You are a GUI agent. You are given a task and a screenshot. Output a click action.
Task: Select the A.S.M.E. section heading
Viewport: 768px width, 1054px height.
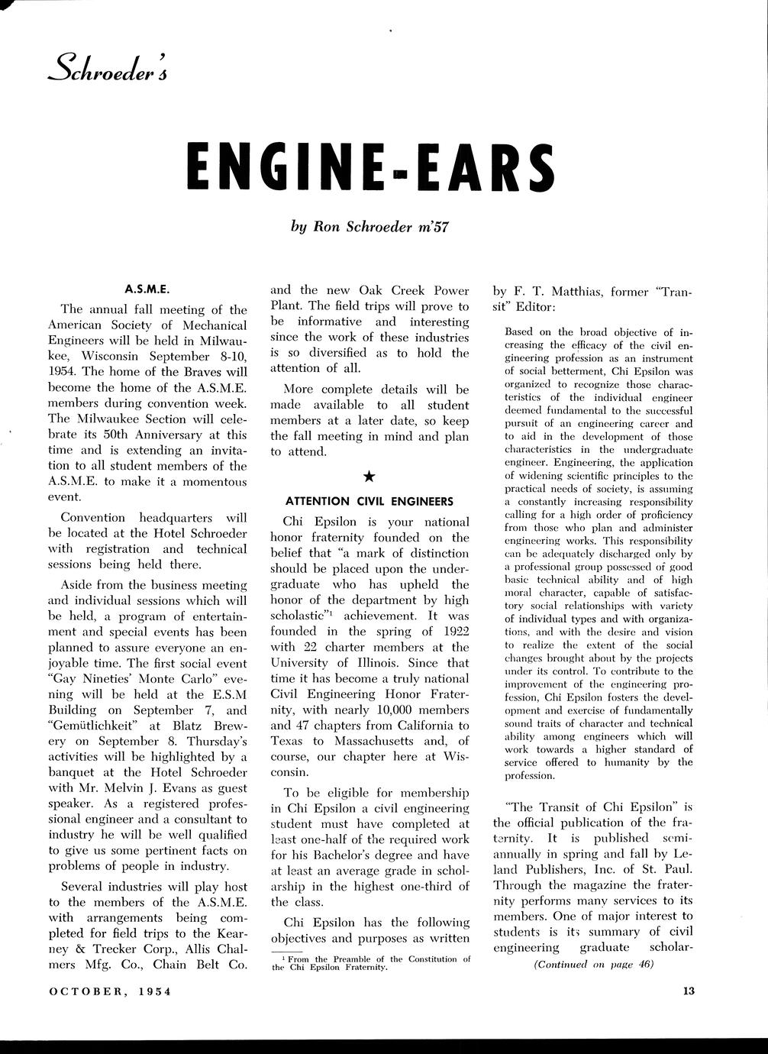[147, 289]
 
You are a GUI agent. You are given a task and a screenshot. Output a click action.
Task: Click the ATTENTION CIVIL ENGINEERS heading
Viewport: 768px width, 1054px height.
[369, 502]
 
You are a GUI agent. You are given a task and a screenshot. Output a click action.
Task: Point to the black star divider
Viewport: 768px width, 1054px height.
[369, 477]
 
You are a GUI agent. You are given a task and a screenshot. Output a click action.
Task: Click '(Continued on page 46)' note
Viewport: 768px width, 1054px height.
[593, 964]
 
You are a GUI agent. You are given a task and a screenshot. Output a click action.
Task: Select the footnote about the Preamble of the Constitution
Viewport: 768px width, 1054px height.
[371, 962]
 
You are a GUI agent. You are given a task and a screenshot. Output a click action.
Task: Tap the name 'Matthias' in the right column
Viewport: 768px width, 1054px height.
[586, 291]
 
